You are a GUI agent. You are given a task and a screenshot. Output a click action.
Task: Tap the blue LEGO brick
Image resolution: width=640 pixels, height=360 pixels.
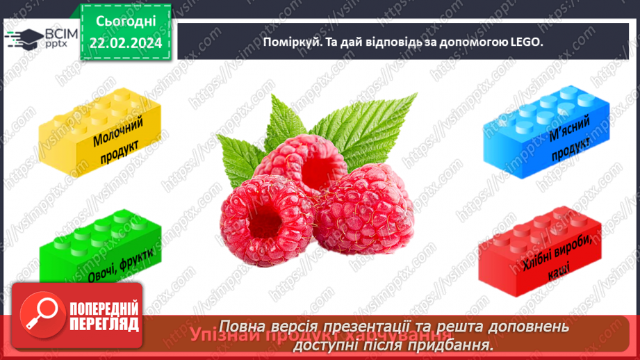pos(546,129)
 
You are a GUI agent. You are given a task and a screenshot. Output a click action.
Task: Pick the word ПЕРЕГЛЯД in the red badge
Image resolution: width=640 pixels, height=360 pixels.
pos(105,324)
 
